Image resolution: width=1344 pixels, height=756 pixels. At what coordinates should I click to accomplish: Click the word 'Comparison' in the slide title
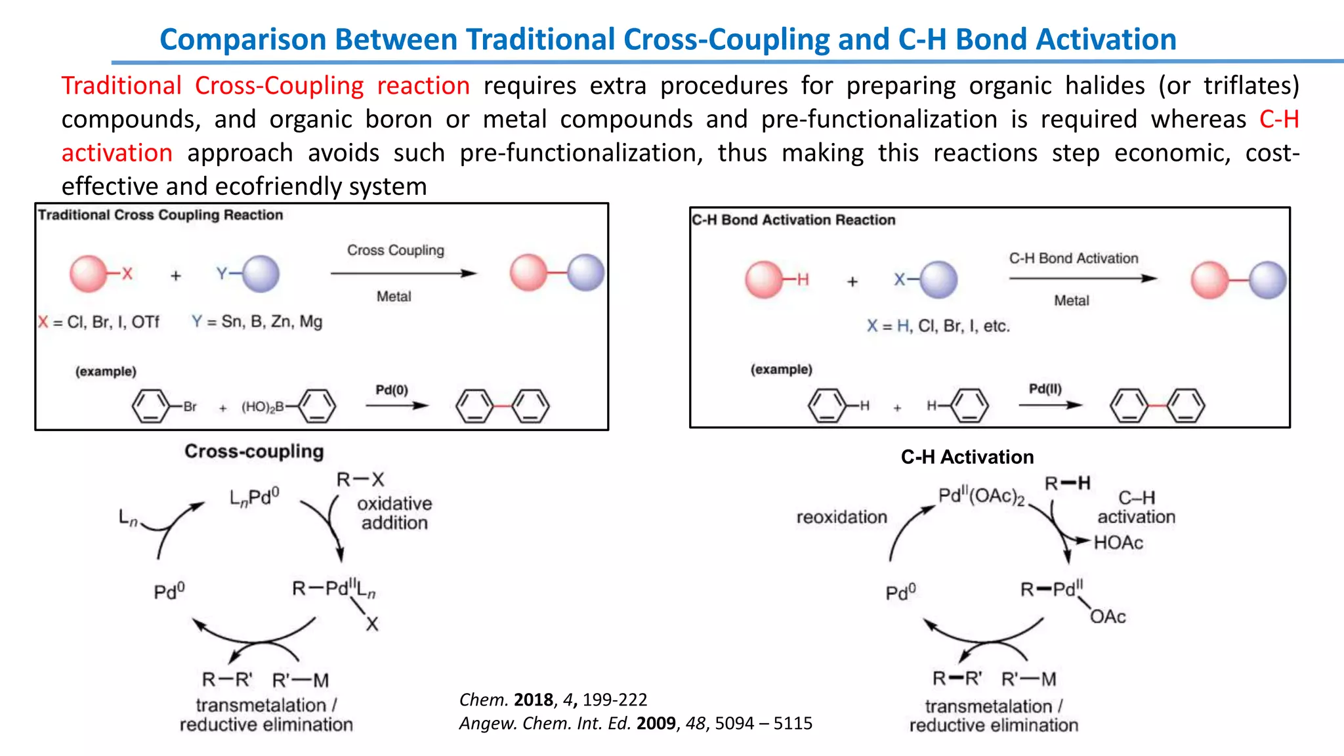click(242, 39)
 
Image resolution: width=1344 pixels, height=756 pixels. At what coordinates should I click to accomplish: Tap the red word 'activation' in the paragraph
click(117, 153)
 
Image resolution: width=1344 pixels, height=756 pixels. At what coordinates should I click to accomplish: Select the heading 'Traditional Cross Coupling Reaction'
click(160, 215)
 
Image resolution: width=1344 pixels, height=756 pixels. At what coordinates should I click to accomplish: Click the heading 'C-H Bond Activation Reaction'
click(793, 220)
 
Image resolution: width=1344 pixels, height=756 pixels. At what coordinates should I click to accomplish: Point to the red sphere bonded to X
click(88, 274)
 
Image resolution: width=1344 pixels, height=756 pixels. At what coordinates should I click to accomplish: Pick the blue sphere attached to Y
click(261, 274)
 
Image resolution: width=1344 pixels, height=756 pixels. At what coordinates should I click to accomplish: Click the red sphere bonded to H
click(764, 280)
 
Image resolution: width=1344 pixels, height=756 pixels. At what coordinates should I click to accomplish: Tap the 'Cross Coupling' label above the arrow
click(395, 251)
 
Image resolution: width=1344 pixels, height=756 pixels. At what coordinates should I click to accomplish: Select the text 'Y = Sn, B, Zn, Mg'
click(257, 322)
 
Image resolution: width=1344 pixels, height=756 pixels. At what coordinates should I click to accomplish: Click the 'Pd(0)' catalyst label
click(392, 390)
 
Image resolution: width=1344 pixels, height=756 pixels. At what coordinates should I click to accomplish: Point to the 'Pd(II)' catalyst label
click(1045, 389)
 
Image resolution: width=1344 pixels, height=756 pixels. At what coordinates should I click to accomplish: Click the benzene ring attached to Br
click(150, 406)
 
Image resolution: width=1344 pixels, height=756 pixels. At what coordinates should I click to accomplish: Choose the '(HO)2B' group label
click(262, 408)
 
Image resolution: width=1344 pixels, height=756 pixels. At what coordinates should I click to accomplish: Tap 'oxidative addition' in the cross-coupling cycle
click(394, 513)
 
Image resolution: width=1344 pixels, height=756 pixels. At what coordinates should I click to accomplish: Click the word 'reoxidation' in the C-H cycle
click(841, 517)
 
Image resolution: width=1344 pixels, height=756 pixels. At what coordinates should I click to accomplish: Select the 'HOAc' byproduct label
click(1118, 543)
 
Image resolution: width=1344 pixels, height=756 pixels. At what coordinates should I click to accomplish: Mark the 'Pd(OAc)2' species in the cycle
click(981, 496)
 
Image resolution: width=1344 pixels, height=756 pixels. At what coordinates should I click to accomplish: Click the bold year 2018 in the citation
click(534, 700)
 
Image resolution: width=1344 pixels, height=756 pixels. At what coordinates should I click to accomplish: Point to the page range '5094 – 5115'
click(763, 723)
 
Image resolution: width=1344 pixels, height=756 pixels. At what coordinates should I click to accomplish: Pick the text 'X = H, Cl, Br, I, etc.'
click(938, 326)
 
